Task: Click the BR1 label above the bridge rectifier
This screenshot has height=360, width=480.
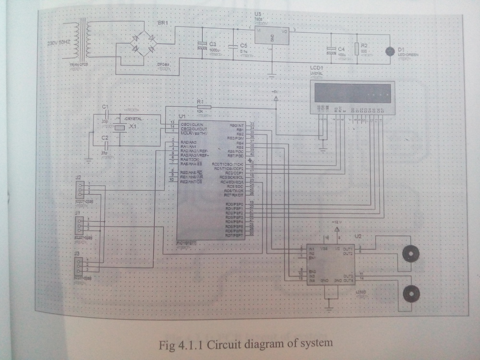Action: (x=163, y=23)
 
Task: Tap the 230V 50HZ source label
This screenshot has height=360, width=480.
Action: (x=59, y=43)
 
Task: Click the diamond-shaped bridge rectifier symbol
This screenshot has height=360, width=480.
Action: (x=144, y=43)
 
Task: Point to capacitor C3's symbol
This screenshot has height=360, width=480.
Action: (x=202, y=46)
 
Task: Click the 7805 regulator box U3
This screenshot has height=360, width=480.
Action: (x=272, y=36)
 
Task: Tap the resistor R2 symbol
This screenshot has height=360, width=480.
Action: (x=356, y=48)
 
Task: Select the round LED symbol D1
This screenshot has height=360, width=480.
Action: (x=390, y=50)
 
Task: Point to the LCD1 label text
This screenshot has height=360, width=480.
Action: (x=317, y=68)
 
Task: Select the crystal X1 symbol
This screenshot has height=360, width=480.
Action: (x=120, y=128)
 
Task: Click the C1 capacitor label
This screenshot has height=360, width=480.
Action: (x=106, y=106)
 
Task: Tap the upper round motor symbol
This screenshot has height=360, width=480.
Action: (x=410, y=252)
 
